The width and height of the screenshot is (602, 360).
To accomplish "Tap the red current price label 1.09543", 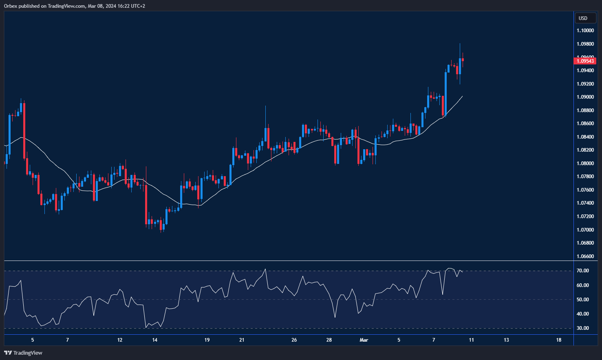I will (x=585, y=61).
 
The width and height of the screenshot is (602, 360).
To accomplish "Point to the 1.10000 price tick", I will (x=585, y=31).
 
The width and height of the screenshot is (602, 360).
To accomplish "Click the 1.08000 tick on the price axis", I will (x=585, y=163).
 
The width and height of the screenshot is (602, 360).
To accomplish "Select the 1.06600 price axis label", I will (x=585, y=256).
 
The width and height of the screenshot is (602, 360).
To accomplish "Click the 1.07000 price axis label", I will (x=585, y=230).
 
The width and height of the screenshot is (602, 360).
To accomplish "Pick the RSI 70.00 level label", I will (x=582, y=271).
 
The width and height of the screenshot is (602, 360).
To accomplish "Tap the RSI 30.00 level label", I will (x=582, y=328).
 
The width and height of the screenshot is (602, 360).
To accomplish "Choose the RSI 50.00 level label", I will (x=582, y=300).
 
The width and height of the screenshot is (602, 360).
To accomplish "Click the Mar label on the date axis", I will (x=364, y=340).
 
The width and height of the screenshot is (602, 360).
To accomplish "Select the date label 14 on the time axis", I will (x=154, y=340).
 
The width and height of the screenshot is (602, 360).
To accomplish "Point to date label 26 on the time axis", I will (x=294, y=340).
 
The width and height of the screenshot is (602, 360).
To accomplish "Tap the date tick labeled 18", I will (x=558, y=340).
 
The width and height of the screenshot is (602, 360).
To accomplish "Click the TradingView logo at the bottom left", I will (x=23, y=353).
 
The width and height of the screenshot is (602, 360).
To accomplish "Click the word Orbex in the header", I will (x=11, y=6).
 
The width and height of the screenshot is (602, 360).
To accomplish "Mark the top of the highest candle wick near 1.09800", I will (x=460, y=44).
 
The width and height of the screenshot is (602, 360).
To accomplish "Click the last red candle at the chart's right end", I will (x=463, y=60).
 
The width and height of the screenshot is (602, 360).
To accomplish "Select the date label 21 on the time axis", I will (x=242, y=340).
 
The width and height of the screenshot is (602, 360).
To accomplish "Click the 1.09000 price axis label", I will (x=585, y=97).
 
